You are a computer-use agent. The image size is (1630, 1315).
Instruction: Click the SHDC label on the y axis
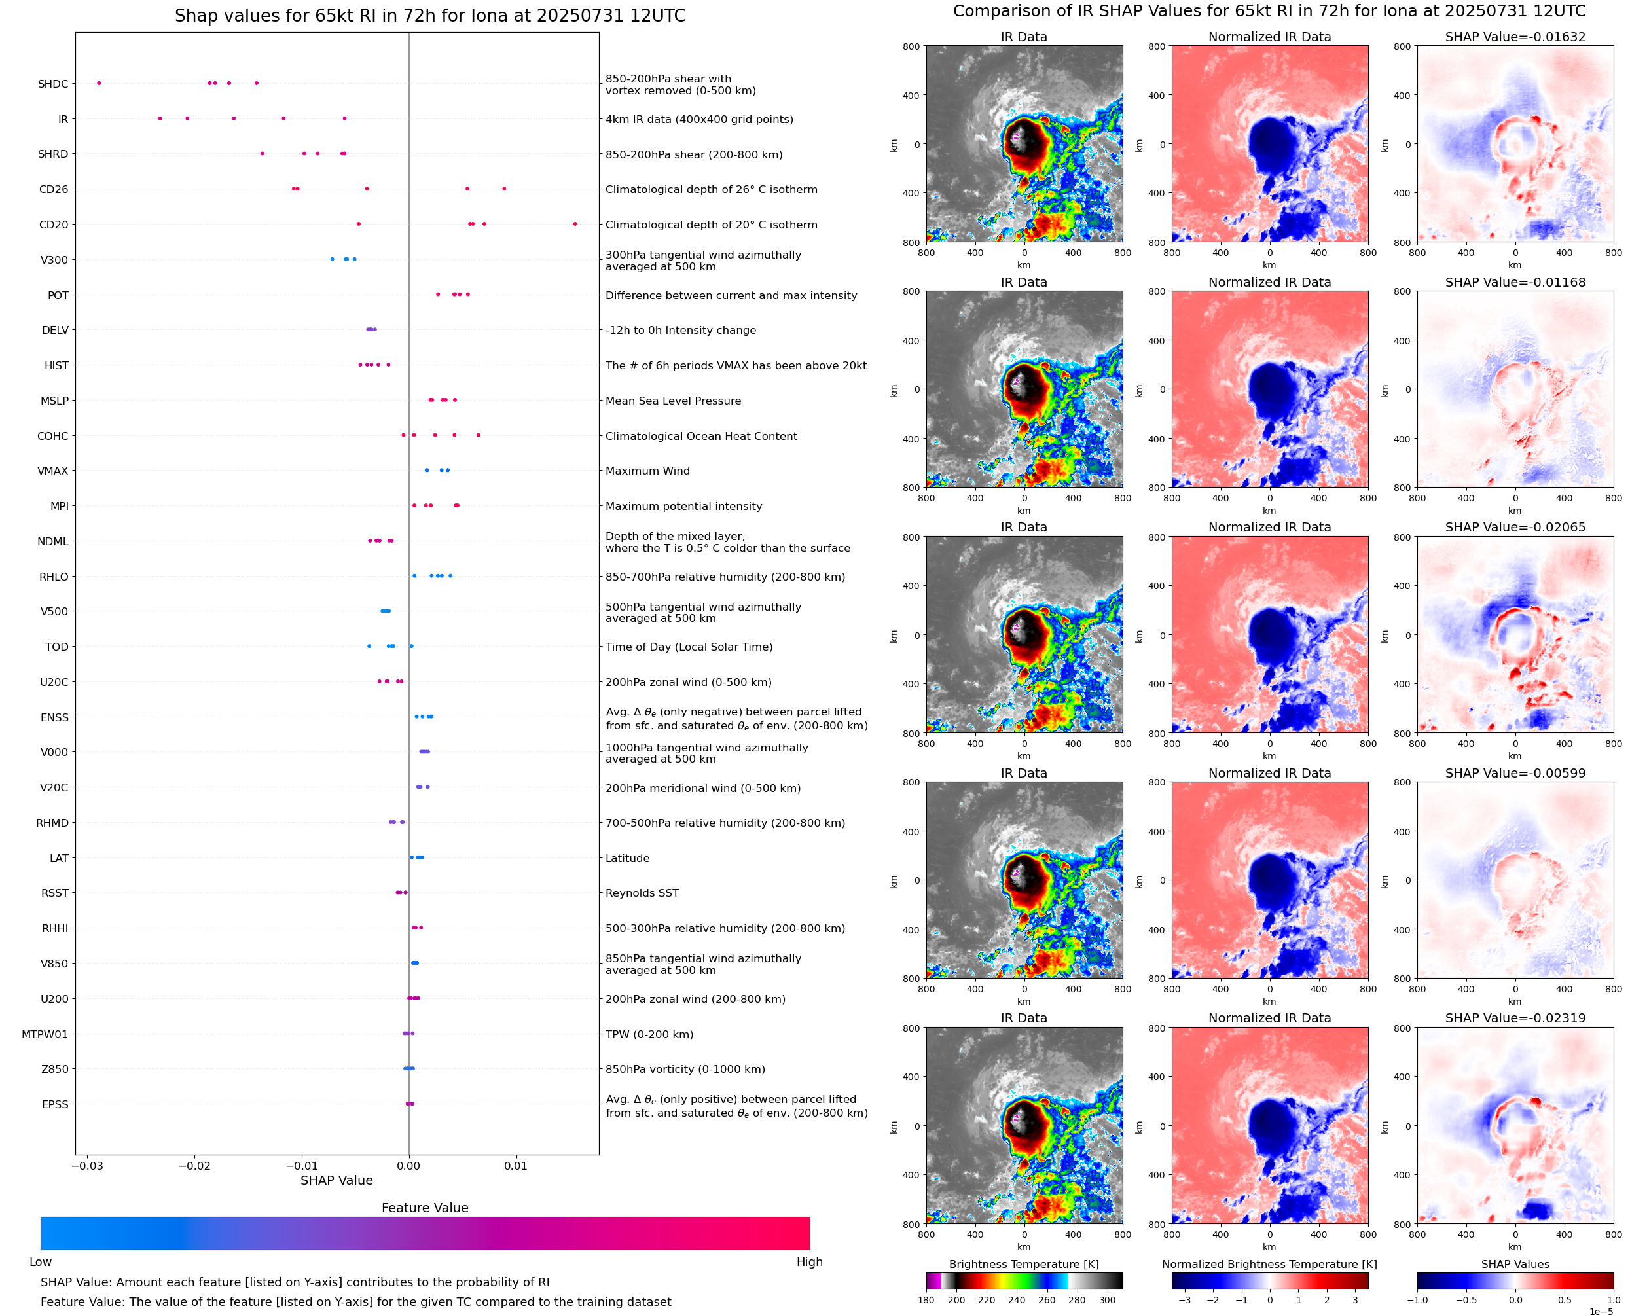[x=53, y=84]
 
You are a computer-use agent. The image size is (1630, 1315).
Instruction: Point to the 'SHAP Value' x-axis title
[x=336, y=1180]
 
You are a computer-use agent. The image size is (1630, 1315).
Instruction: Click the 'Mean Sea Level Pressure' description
[x=672, y=401]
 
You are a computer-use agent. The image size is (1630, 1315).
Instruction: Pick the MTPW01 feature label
[x=45, y=1034]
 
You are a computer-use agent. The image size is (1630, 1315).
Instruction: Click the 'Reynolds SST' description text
[x=642, y=893]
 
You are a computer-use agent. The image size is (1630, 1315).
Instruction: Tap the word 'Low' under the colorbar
[x=40, y=1262]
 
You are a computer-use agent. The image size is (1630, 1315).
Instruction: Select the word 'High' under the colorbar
[x=809, y=1262]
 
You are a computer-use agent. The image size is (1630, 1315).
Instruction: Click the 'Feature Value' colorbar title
[x=425, y=1208]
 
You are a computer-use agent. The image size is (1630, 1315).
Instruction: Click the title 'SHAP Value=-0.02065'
[x=1515, y=527]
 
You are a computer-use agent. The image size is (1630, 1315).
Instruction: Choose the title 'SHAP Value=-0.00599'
[x=1515, y=774]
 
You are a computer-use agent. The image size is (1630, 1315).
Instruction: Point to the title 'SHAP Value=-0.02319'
[x=1515, y=1018]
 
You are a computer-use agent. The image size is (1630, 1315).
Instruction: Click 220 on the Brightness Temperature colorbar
[x=986, y=1300]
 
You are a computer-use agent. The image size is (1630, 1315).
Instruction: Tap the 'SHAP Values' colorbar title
[x=1515, y=1264]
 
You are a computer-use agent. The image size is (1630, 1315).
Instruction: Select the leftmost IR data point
[x=160, y=118]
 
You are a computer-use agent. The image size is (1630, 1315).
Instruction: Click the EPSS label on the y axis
[x=54, y=1104]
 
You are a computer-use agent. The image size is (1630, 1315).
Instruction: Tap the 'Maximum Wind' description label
[x=647, y=471]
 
